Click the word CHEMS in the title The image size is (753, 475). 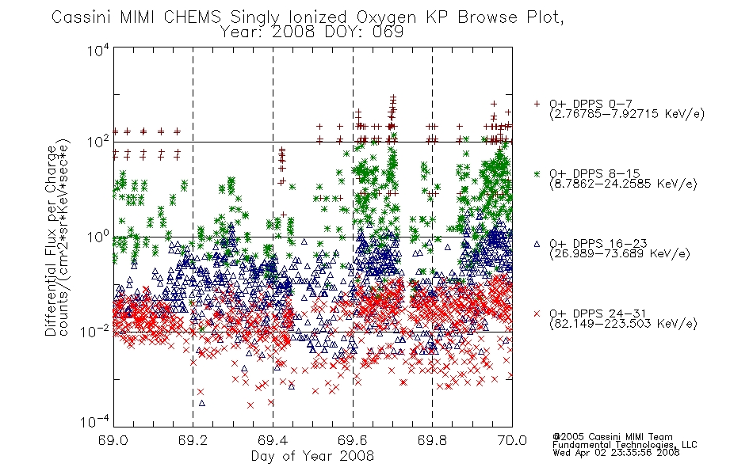192,17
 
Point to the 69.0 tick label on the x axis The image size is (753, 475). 113,440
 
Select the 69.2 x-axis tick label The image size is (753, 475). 193,440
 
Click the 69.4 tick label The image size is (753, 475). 273,440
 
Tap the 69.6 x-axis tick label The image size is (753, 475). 353,440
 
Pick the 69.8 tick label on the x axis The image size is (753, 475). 432,440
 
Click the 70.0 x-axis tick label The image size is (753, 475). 512,440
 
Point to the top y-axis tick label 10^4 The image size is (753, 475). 97,49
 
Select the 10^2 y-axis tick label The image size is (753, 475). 97,142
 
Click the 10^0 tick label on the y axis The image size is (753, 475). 97,237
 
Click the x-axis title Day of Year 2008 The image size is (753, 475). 312,456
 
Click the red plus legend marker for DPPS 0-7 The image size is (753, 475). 537,104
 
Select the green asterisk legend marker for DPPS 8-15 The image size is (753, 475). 537,173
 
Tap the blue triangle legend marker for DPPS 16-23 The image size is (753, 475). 537,244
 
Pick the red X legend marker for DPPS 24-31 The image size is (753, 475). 537,313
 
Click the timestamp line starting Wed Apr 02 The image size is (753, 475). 616,453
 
